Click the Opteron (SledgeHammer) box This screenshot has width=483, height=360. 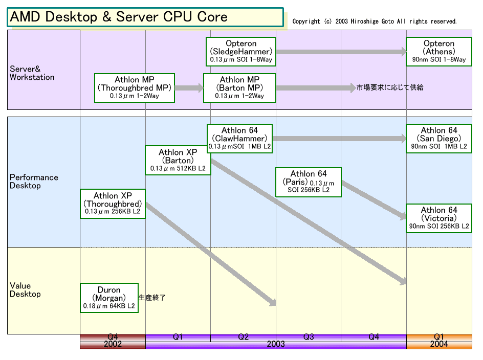pos(240,52)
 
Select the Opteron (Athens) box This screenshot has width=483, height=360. pos(438,52)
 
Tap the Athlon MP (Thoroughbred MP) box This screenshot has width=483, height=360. pos(134,88)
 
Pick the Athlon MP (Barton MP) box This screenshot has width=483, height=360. pos(239,88)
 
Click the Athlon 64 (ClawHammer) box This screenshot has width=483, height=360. pos(239,138)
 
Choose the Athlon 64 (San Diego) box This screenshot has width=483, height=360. pos(438,138)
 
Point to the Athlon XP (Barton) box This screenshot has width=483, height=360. pos(178,160)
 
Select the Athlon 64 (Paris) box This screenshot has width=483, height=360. pos(309,182)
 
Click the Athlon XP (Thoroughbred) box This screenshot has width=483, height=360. pos(113,204)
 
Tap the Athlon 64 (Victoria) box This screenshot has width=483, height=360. pos(438,218)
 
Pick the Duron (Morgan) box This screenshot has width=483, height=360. pos(109,298)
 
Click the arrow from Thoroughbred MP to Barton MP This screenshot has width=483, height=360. pos(189,88)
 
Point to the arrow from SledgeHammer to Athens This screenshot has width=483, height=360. pos(341,52)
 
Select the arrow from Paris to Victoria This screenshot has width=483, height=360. pos(374,200)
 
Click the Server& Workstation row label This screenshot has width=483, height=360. pos(32,73)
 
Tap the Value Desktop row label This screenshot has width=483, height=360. pos(25,290)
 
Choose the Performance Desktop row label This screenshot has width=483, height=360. pos(34,182)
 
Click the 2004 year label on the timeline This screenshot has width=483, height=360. pos(439,344)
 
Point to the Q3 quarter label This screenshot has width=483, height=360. pos(309,337)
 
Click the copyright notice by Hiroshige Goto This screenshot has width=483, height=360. pos(374,21)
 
